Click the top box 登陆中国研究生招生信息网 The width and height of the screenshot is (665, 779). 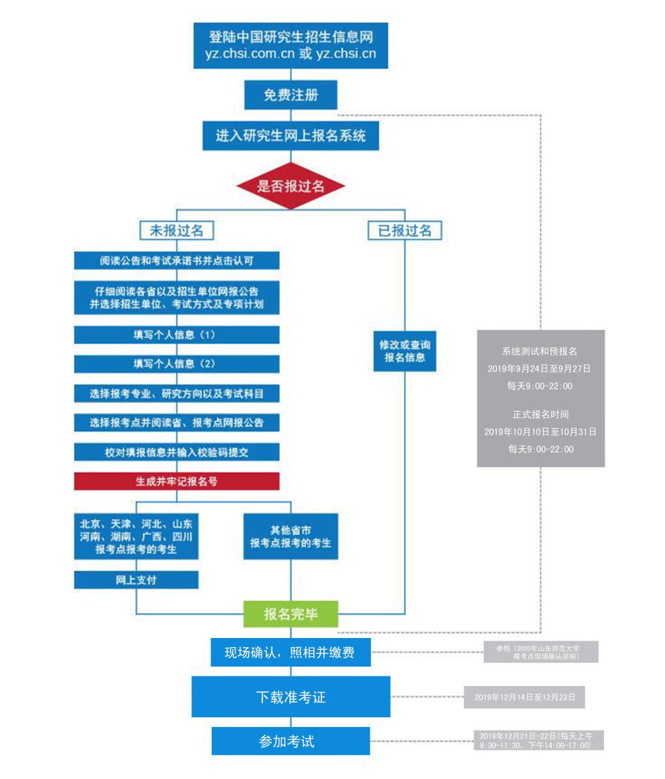tap(290, 45)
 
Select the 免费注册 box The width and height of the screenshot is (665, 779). tap(290, 94)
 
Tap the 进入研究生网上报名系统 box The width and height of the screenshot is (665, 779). tap(290, 136)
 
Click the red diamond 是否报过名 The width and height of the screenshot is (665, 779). tap(290, 186)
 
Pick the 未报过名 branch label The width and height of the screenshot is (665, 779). tap(176, 231)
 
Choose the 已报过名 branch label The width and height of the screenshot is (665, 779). tap(405, 231)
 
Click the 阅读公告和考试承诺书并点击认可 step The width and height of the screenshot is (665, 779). tap(177, 261)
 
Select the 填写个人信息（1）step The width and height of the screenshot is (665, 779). tap(177, 335)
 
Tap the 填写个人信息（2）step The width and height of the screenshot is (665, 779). tap(177, 364)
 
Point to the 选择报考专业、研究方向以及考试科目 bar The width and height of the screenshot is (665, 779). tap(177, 394)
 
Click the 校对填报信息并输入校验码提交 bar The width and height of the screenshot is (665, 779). tap(177, 452)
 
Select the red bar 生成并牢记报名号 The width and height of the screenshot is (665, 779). tap(177, 481)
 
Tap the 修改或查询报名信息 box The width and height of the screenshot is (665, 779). tap(405, 351)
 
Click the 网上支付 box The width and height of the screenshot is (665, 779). tap(136, 580)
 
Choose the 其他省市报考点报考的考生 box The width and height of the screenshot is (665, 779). tap(290, 537)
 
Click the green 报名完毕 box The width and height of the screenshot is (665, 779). tap(290, 614)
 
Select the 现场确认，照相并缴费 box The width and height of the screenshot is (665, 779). tap(290, 652)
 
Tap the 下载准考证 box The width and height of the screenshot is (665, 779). tap(290, 696)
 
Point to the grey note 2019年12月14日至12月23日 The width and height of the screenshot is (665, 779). tap(525, 697)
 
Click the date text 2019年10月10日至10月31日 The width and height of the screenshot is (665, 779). tap(540, 431)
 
